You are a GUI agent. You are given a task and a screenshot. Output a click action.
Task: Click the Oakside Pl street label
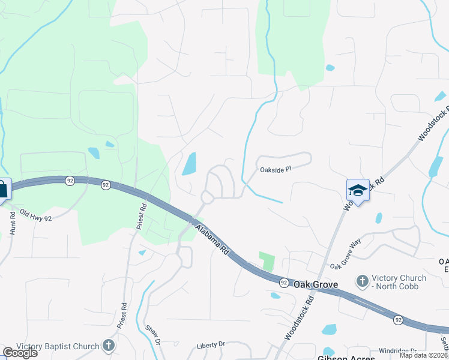[275, 170]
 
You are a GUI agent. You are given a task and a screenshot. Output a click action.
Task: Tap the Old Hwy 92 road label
[35, 215]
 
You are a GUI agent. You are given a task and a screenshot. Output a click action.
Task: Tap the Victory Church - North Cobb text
[399, 282]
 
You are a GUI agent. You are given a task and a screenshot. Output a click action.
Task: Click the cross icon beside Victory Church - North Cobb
[362, 281]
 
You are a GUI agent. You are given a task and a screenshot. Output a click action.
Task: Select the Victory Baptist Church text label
[58, 346]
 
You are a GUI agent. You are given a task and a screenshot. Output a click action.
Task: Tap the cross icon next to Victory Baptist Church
[108, 346]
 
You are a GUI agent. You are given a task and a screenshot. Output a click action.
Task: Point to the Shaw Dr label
[154, 334]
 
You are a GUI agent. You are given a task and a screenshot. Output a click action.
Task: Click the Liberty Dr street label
[210, 345]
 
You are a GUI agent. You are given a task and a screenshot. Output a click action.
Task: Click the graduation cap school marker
[358, 190]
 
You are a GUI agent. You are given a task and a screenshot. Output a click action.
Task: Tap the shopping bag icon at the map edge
[4, 189]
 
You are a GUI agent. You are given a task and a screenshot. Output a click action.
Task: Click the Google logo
[20, 353]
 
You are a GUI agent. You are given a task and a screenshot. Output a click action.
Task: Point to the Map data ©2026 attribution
[424, 355]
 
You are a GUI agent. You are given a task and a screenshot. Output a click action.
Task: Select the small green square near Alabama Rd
[267, 261]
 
